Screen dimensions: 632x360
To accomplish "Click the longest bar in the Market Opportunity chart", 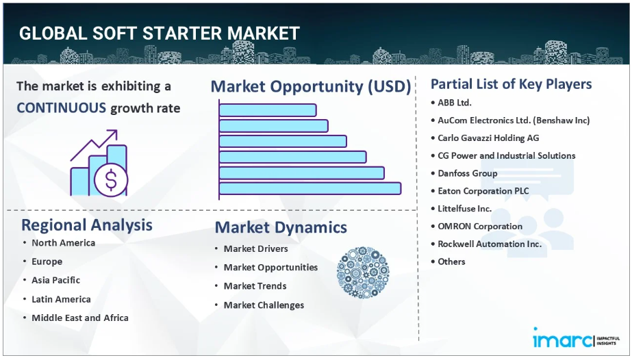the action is (x=310, y=188).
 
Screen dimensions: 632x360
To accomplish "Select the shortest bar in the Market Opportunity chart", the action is (x=268, y=110).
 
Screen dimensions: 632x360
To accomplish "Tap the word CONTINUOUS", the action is (x=61, y=108).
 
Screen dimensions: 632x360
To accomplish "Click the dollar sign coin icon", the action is (x=111, y=179).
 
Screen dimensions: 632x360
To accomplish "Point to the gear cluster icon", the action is (x=363, y=272).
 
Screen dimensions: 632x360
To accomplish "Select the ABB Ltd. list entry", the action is (x=455, y=103).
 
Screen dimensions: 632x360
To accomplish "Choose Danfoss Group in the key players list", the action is (x=468, y=174).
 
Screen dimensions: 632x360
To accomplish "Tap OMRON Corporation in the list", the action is (x=480, y=227).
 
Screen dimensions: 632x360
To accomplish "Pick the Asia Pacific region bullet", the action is (x=56, y=281).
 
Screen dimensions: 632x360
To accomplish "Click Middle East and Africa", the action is (x=80, y=318).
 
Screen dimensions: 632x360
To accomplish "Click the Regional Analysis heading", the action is (x=87, y=225).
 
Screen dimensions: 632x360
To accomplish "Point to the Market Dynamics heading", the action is (x=281, y=227).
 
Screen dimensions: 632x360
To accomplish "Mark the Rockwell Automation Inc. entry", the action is (x=490, y=244).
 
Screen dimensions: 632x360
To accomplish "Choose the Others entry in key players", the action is (x=451, y=261).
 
